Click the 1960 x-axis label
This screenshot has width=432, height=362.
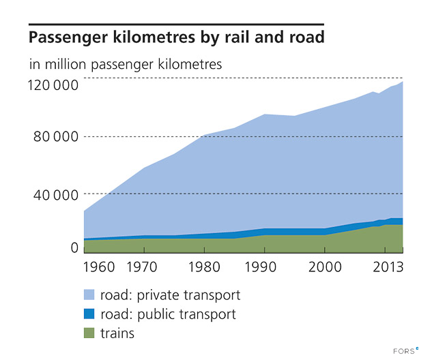(x=99, y=265)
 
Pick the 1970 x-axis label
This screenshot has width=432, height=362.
(x=144, y=265)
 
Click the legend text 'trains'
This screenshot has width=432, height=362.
(x=117, y=334)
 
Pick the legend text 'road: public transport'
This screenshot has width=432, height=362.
(x=168, y=315)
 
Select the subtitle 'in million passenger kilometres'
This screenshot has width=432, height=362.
(x=126, y=66)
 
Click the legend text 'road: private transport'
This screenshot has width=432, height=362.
(x=170, y=296)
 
